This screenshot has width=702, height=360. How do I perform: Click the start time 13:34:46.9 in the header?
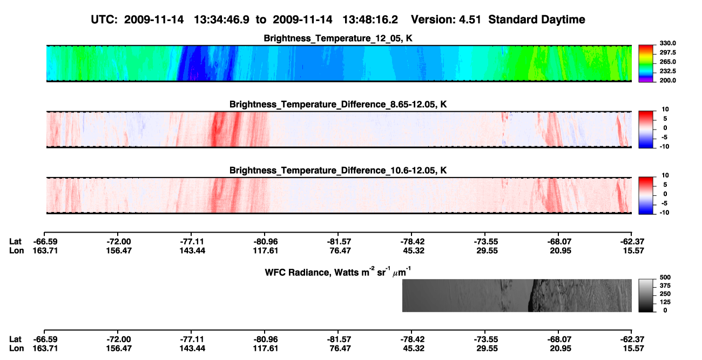click(x=221, y=20)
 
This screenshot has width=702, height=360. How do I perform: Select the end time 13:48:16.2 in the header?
click(x=370, y=20)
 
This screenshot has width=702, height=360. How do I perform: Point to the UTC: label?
click(x=104, y=20)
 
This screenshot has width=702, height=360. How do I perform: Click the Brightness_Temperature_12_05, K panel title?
click(x=338, y=38)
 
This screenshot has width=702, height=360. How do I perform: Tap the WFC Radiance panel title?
click(x=338, y=272)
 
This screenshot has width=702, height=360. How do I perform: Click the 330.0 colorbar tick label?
click(x=668, y=43)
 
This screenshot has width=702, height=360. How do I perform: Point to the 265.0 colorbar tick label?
click(x=668, y=62)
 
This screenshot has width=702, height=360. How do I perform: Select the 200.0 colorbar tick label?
click(x=668, y=80)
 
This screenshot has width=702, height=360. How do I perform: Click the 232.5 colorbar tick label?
click(x=668, y=71)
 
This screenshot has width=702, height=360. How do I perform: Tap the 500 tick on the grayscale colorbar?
click(x=665, y=277)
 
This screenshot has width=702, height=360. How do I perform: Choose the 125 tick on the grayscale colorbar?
click(x=665, y=302)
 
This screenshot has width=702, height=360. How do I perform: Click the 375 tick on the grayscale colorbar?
click(x=665, y=286)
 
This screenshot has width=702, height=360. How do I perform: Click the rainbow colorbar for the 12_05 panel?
click(x=646, y=64)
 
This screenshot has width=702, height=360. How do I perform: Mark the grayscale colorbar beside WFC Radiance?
click(x=646, y=295)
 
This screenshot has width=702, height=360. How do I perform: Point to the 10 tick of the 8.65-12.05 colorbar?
click(x=665, y=110)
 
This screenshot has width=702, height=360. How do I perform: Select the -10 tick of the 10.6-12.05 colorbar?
click(x=664, y=213)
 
